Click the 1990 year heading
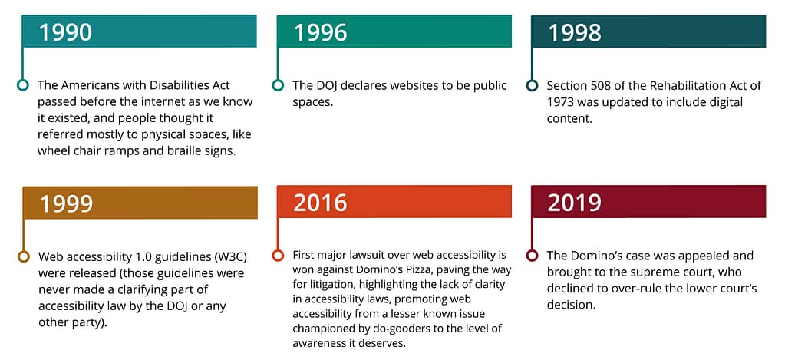[65, 32]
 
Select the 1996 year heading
[321, 32]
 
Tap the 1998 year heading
[575, 32]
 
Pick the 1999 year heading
[65, 203]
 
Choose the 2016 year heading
[321, 203]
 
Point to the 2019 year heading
[575, 203]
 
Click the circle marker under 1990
[22, 85]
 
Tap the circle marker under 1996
[277, 85]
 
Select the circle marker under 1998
[533, 85]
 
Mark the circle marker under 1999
[22, 256]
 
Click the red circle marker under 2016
[277, 256]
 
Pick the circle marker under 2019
[533, 256]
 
